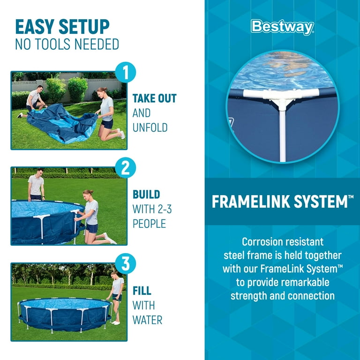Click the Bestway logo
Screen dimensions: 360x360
tap(282, 27)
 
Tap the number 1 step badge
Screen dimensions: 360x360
tap(125, 72)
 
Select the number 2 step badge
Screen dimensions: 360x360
tap(125, 168)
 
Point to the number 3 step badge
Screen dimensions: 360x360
tap(125, 263)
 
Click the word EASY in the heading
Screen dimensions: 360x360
tap(35, 27)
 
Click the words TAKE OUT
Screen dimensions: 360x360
tap(155, 98)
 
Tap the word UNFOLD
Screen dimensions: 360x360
tap(150, 127)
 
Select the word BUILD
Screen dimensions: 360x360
tap(146, 194)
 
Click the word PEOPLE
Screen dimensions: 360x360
tap(149, 224)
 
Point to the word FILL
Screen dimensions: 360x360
tap(142, 291)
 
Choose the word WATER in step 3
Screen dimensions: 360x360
tap(147, 320)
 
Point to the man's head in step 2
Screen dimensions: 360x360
tap(40, 172)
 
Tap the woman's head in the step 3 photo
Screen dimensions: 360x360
tap(114, 275)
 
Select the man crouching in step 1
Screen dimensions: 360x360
tap(33, 101)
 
